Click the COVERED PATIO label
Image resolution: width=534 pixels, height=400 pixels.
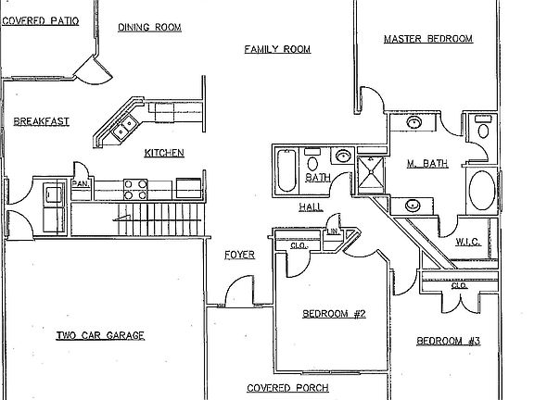click(41, 20)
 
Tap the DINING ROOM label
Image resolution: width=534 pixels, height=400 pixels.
click(149, 27)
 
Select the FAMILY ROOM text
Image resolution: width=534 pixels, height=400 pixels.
click(277, 49)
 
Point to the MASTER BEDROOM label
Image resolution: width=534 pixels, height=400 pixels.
click(428, 39)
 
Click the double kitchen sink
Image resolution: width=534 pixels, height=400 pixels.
click(125, 127)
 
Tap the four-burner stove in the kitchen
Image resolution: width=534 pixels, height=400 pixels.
click(135, 190)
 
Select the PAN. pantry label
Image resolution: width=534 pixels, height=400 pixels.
click(81, 183)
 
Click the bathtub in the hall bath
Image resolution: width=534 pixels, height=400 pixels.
click(286, 171)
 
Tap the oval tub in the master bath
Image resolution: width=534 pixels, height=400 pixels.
click(482, 190)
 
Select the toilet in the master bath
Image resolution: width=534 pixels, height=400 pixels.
click(483, 127)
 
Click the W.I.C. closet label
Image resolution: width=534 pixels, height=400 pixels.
click(468, 242)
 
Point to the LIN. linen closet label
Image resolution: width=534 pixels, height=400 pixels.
click(334, 231)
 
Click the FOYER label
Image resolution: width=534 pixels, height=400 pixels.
click(240, 255)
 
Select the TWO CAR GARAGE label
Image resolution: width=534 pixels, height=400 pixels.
click(100, 336)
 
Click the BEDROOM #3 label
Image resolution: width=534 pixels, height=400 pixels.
click(449, 341)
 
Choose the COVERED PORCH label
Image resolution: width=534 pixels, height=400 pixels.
click(287, 388)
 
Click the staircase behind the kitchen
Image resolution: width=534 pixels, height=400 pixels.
click(137, 219)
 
